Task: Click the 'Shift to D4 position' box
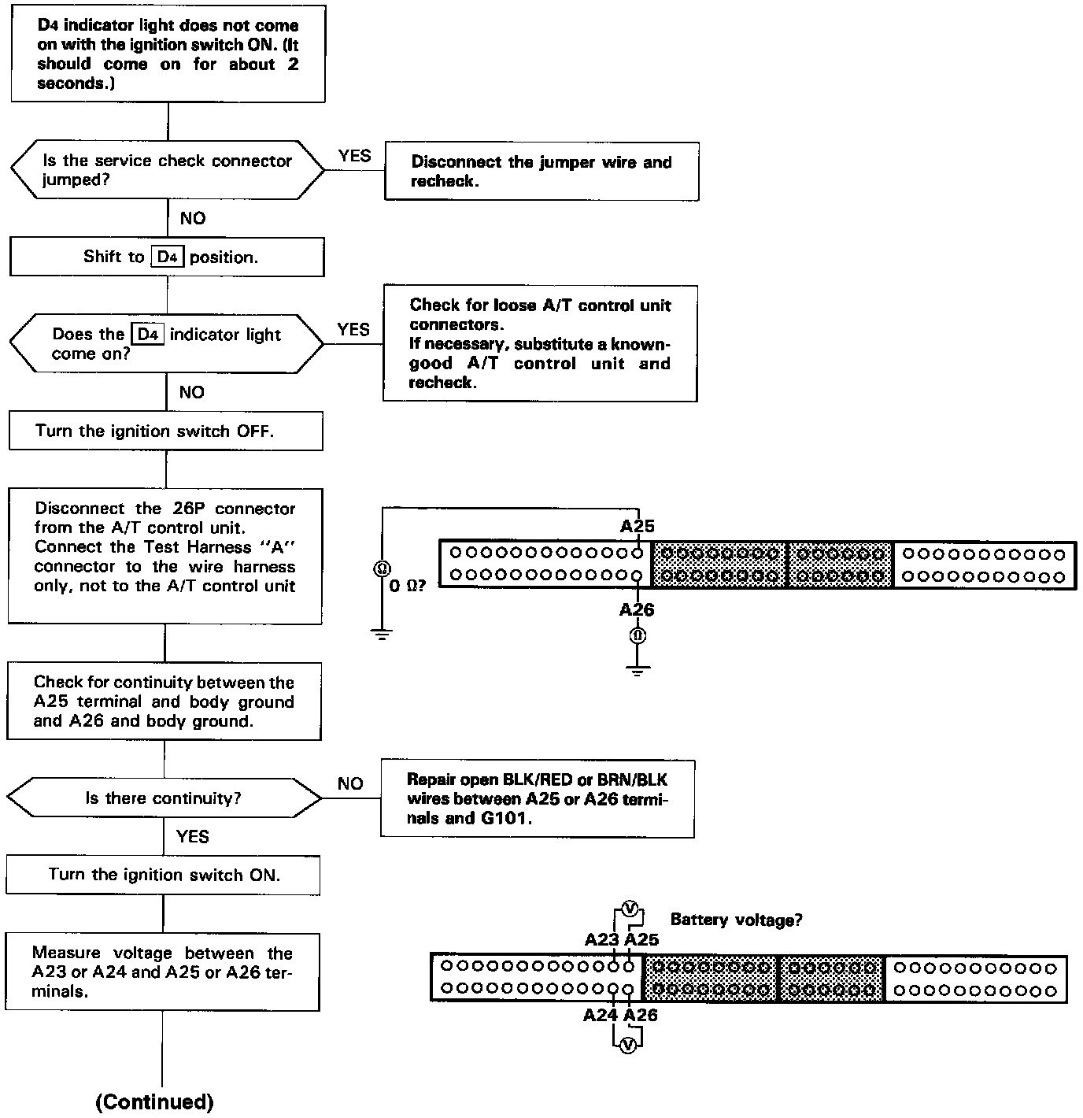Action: (x=166, y=257)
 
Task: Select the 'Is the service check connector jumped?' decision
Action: (x=167, y=170)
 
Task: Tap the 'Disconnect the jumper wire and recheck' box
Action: (x=541, y=171)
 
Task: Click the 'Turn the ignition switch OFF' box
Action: (x=165, y=431)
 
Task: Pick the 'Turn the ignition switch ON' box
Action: (x=164, y=875)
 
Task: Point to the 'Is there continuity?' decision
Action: (x=164, y=798)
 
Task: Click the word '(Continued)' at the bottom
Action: (x=154, y=1102)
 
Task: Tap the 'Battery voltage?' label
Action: (x=736, y=920)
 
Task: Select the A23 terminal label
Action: (x=601, y=939)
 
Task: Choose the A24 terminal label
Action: (x=600, y=1015)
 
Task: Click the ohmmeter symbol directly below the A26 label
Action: (x=638, y=635)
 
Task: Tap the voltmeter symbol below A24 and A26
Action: (x=627, y=1045)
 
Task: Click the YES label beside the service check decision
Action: (x=354, y=156)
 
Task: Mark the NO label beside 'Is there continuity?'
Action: (x=350, y=783)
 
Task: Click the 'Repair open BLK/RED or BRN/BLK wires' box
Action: (x=538, y=798)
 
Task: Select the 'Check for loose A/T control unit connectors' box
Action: (x=540, y=343)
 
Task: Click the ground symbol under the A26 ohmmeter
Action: (x=638, y=671)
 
